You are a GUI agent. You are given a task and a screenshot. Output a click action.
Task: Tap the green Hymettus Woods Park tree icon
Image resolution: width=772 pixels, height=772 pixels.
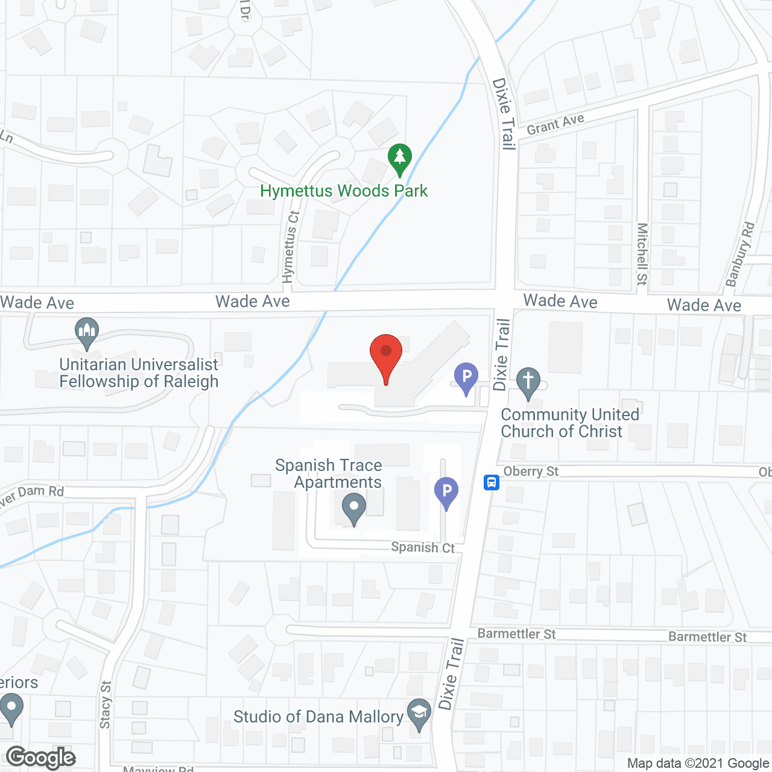click(399, 159)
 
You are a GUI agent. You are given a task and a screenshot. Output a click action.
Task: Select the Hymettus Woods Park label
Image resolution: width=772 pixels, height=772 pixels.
click(344, 191)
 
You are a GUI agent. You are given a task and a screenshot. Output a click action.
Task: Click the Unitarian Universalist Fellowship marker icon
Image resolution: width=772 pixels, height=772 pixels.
click(87, 332)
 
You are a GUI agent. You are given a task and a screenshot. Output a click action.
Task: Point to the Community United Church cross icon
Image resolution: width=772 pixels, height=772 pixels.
click(528, 382)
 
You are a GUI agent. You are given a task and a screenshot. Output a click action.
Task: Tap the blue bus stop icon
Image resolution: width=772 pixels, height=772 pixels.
click(492, 482)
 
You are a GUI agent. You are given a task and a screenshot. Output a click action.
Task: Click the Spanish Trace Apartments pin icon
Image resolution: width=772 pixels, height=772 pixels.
click(354, 508)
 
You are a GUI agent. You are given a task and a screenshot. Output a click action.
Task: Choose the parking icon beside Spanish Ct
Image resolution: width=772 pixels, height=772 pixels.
click(446, 492)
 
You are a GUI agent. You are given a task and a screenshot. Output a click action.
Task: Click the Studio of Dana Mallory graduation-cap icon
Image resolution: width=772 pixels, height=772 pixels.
click(419, 713)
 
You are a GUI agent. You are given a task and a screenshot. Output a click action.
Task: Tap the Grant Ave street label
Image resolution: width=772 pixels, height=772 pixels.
click(555, 124)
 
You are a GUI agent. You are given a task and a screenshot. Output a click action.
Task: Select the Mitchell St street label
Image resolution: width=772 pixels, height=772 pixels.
click(642, 254)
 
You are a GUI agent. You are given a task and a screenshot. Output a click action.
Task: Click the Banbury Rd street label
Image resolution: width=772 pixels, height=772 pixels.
click(740, 254)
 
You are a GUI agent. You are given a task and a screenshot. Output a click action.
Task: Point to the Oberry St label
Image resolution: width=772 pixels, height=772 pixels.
click(531, 472)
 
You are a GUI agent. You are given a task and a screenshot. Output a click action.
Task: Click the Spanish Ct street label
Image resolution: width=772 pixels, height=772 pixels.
click(423, 547)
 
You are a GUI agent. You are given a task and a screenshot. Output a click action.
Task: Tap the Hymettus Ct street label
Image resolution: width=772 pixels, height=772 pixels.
click(290, 247)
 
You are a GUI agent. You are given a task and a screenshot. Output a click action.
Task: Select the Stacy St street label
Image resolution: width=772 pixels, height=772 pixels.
click(106, 704)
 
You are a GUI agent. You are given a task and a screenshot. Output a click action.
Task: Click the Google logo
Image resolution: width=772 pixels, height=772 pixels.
click(41, 758)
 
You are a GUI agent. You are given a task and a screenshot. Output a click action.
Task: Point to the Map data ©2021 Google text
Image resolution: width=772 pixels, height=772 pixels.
click(698, 763)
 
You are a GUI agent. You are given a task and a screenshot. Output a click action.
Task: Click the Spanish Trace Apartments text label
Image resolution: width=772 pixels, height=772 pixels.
click(329, 473)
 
